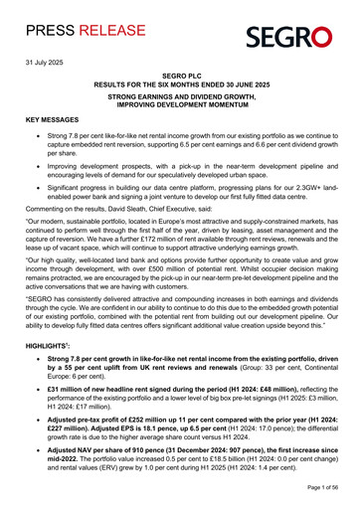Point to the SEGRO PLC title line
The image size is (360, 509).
click(x=180, y=76)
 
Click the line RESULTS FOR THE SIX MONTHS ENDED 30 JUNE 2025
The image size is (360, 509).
click(x=180, y=85)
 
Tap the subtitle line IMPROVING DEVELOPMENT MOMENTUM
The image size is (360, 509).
click(x=180, y=106)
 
